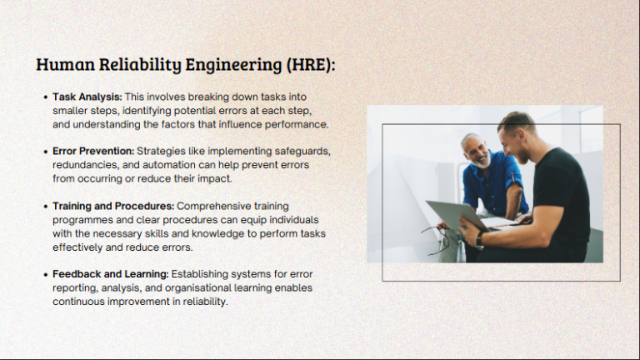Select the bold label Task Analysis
[x=87, y=97]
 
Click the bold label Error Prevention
[x=92, y=151]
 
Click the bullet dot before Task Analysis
[x=45, y=97]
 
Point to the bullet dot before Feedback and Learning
[x=45, y=274]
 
